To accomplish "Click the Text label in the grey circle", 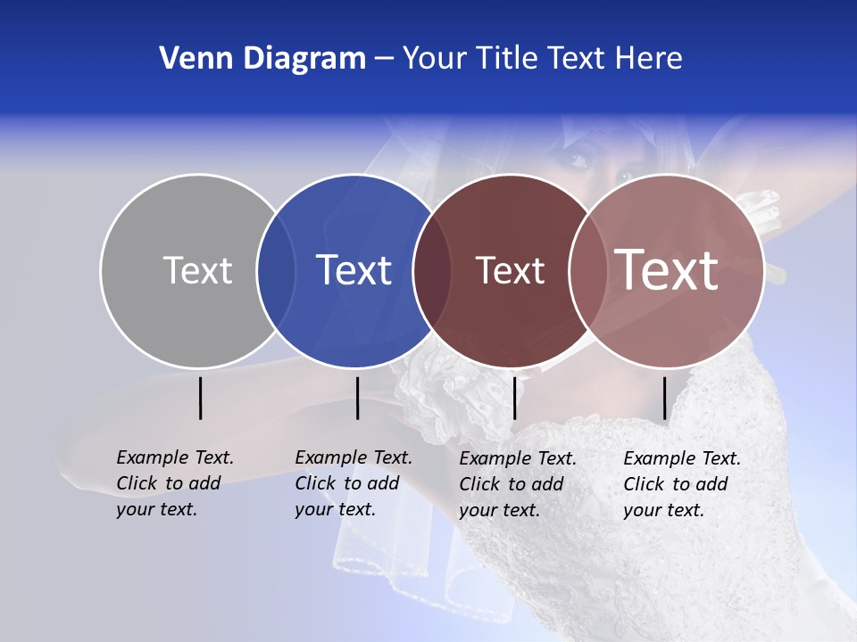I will point(197,270).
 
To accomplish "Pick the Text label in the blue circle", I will point(354,270).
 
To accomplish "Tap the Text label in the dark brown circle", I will point(510,271).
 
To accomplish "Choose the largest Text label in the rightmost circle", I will point(667,269).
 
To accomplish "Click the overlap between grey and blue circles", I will point(276,270).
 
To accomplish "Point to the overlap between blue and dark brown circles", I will point(432,270).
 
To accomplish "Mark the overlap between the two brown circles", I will point(588,270).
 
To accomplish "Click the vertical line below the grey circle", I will point(201,399).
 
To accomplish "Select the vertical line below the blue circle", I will point(357,399).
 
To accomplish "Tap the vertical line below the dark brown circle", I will point(514,399).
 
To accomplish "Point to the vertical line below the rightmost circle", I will point(664,399).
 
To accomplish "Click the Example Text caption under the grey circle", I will point(175,483).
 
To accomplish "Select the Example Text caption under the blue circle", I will point(354,483).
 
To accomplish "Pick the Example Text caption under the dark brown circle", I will point(518,484).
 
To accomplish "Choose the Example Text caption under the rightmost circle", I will point(682,484).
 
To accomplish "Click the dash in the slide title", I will point(384,59).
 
